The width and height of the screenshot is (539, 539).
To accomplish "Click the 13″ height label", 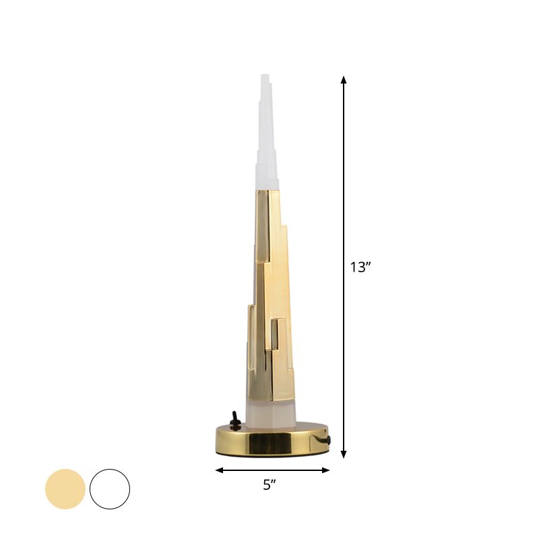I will click(x=360, y=267).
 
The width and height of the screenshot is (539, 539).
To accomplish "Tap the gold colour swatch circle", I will click(x=65, y=489).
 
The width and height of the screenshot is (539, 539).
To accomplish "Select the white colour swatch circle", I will click(x=109, y=489).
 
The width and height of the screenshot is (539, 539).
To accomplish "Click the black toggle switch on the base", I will click(x=236, y=420).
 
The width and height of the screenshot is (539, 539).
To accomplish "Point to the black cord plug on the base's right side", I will click(x=329, y=439).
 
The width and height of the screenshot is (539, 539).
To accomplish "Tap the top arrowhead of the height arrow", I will click(x=344, y=80).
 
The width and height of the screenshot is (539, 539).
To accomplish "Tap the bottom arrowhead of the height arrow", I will click(x=344, y=454).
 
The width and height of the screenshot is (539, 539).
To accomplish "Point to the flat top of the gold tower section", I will click(x=267, y=191).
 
